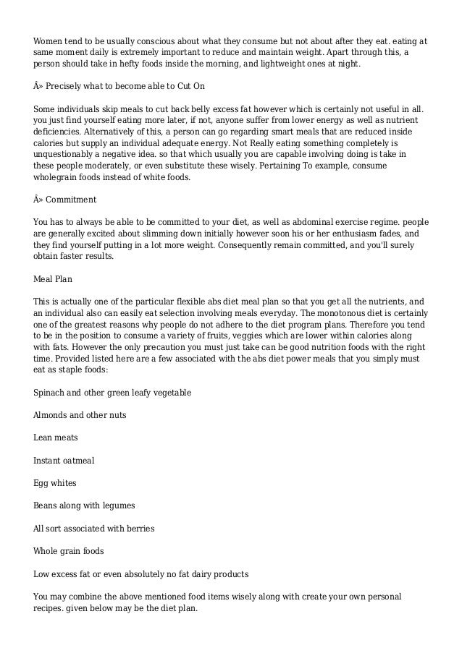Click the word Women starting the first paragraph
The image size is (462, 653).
(x=49, y=41)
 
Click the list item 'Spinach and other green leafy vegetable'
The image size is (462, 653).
(x=112, y=392)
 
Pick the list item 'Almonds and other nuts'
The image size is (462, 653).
(x=79, y=415)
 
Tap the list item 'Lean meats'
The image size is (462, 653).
(x=56, y=438)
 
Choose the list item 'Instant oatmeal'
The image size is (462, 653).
(x=64, y=460)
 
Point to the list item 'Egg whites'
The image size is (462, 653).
(x=54, y=483)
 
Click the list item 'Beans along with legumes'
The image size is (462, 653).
(x=84, y=505)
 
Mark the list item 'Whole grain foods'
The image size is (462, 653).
(x=69, y=551)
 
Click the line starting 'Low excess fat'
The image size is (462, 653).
(x=141, y=573)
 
